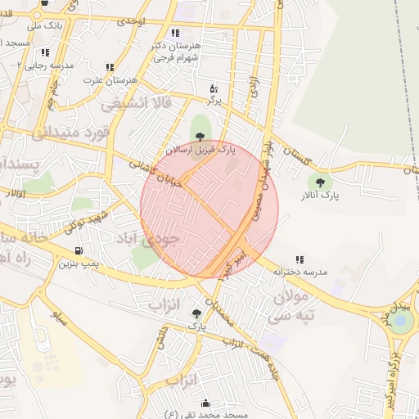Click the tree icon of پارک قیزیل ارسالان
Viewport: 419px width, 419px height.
(200, 136)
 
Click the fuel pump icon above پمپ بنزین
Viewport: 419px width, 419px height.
(78, 250)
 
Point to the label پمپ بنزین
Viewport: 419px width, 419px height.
(78, 264)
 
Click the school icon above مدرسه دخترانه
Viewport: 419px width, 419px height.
(300, 259)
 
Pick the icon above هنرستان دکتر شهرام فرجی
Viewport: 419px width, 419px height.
(176, 33)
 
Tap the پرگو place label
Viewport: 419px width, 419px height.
(213, 100)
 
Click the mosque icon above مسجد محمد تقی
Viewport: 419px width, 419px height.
(205, 403)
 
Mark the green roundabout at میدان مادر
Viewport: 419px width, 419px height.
(401, 322)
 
